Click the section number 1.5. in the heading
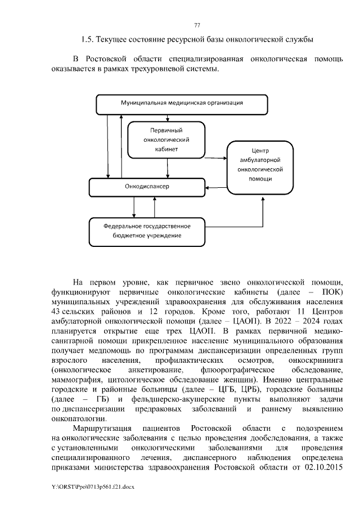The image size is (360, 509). [87, 39]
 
